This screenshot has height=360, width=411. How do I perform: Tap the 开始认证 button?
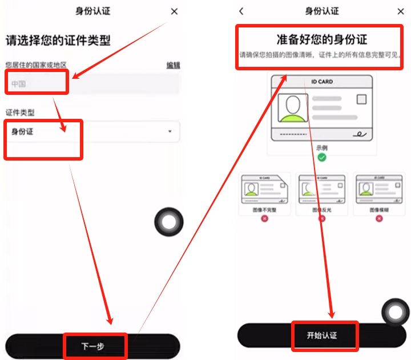pyautogui.click(x=323, y=335)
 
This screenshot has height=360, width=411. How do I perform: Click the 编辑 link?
pyautogui.click(x=172, y=65)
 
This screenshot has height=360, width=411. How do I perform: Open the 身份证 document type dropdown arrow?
pyautogui.click(x=170, y=132)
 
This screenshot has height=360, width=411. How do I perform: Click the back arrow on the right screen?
pyautogui.click(x=241, y=11)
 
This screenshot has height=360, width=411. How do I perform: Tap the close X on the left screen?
pyautogui.click(x=174, y=11)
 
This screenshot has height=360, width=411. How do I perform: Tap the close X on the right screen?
pyautogui.click(x=401, y=11)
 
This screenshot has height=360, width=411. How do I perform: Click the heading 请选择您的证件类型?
pyautogui.click(x=58, y=41)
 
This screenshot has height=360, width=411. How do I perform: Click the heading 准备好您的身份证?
pyautogui.click(x=323, y=39)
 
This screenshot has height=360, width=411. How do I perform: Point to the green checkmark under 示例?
pyautogui.click(x=322, y=157)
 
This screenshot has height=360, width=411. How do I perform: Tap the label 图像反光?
pyautogui.click(x=322, y=210)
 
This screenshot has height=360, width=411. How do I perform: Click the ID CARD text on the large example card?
pyautogui.click(x=323, y=82)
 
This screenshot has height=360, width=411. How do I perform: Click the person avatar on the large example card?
pyautogui.click(x=292, y=108)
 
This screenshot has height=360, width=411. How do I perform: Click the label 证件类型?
pyautogui.click(x=20, y=113)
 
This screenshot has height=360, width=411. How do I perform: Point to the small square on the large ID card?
pyautogui.click(x=361, y=99)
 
